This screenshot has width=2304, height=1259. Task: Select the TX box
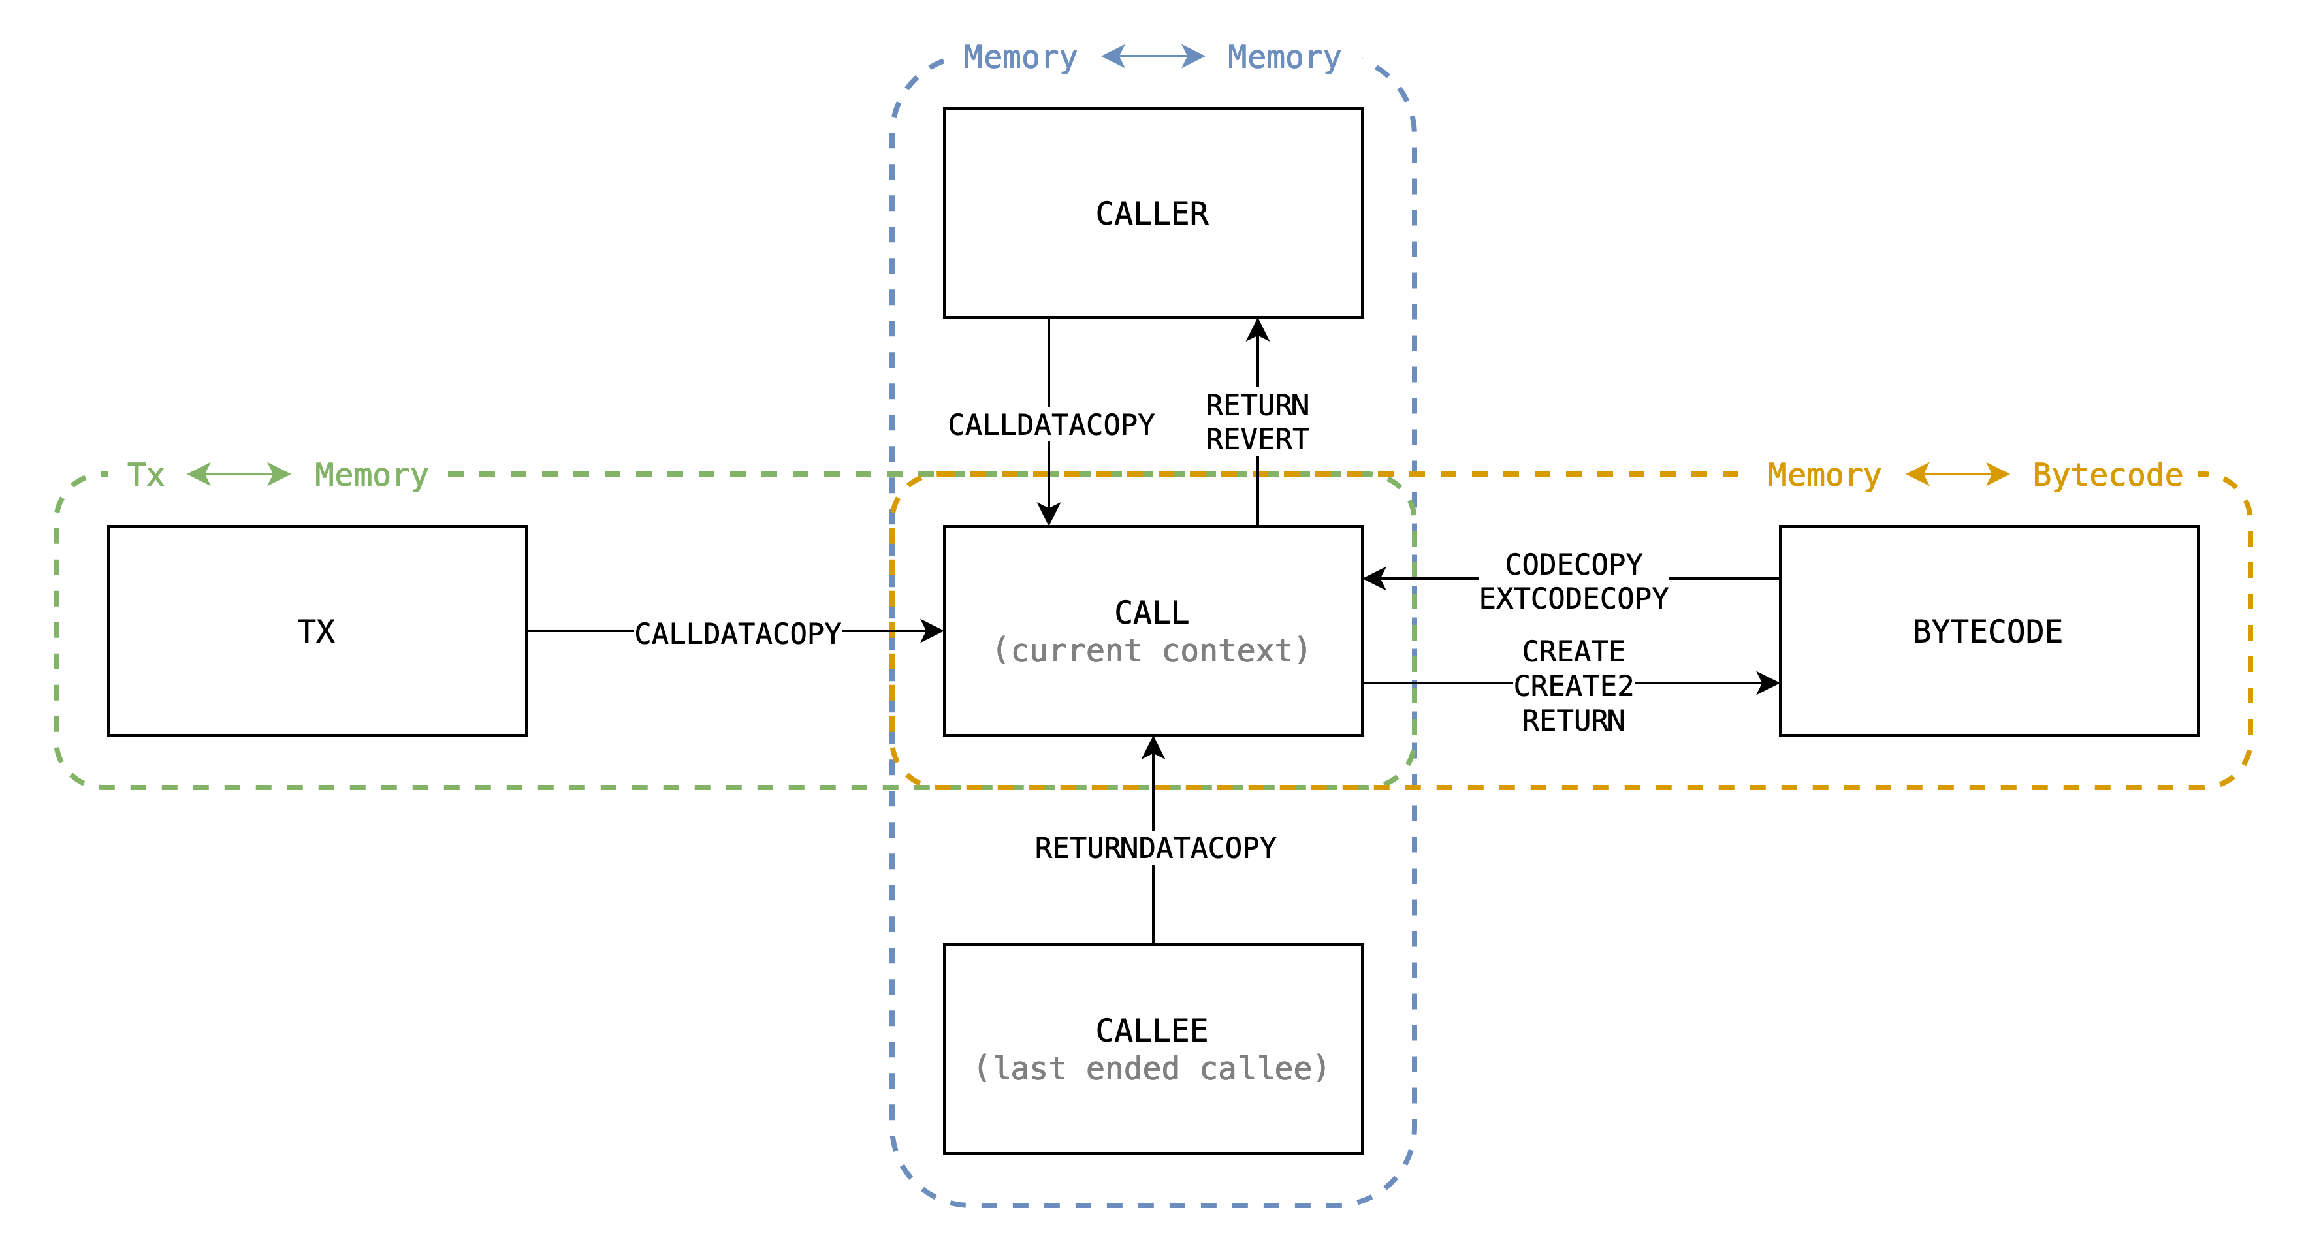tap(317, 630)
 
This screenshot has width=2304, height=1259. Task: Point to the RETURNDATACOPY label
tap(1155, 848)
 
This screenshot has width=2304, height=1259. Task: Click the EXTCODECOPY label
tap(1573, 598)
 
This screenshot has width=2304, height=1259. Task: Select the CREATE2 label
tap(1573, 686)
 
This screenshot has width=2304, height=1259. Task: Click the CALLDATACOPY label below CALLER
tap(1051, 424)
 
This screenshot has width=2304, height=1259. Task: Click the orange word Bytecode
tap(2107, 475)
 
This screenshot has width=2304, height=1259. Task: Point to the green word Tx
tap(146, 475)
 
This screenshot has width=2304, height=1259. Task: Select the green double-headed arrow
tap(239, 474)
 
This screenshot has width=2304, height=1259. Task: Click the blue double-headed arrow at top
tap(1153, 56)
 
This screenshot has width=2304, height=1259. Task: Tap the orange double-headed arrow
tap(1957, 474)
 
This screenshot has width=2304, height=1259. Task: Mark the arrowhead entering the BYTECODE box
tap(1767, 683)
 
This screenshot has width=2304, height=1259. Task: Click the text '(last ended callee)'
tap(1152, 1068)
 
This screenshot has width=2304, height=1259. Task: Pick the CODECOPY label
tap(1573, 564)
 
